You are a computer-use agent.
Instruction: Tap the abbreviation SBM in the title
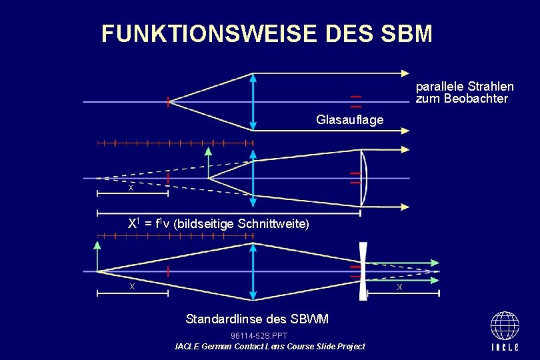pos(404,33)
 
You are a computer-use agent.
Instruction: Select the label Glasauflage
pos(350,120)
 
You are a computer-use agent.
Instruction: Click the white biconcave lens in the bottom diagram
pos(363,271)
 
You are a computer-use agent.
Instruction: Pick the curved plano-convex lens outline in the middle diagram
pos(364,178)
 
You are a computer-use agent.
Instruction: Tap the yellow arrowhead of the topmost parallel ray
pos(405,71)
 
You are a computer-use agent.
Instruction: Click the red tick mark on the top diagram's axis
pos(168,101)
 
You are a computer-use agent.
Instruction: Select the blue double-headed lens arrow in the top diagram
pos(253,101)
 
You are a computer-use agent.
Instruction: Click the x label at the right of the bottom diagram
pos(399,287)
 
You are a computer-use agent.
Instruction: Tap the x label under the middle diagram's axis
pos(131,189)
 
